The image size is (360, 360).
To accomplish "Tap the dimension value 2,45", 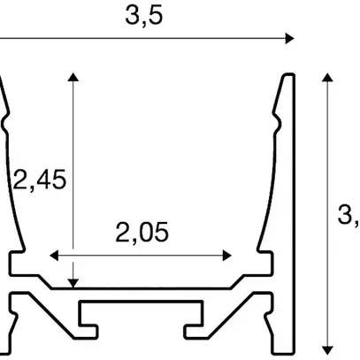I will [40, 180].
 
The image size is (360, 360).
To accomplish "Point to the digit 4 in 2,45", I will [43, 180].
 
